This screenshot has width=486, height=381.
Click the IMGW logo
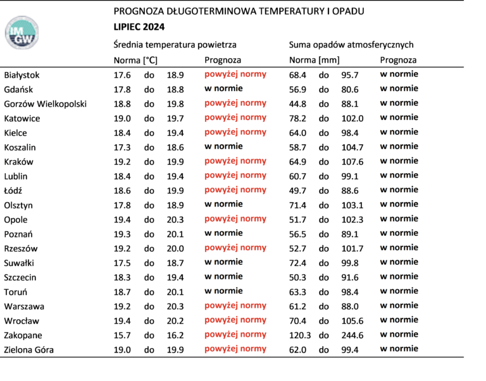tap(22, 33)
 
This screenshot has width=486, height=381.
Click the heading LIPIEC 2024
tap(139, 27)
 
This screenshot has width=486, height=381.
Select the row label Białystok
tap(22, 75)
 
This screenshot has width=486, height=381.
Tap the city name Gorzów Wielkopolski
tap(46, 104)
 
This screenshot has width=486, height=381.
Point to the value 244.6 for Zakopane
tap(352, 336)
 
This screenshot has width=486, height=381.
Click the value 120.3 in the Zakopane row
tap(300, 336)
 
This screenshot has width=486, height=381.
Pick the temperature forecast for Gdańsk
tap(223, 88)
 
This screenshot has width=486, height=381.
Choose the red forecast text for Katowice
tap(235, 118)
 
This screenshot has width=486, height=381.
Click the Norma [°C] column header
tap(135, 60)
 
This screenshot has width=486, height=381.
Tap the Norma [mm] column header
tap(315, 60)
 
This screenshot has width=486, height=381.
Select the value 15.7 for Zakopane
tap(122, 336)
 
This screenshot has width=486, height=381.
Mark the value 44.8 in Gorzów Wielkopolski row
tap(297, 104)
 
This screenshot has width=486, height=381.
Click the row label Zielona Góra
tap(29, 350)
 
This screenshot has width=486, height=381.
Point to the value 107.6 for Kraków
tap(352, 162)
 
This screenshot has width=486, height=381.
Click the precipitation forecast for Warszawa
tap(399, 305)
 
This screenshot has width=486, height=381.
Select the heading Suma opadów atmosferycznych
tap(351, 45)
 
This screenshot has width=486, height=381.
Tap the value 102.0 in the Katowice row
tap(352, 119)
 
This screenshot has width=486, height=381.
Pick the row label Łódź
tap(13, 191)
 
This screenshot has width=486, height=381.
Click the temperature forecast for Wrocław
tap(235, 320)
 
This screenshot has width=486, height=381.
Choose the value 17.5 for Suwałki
tap(122, 263)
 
